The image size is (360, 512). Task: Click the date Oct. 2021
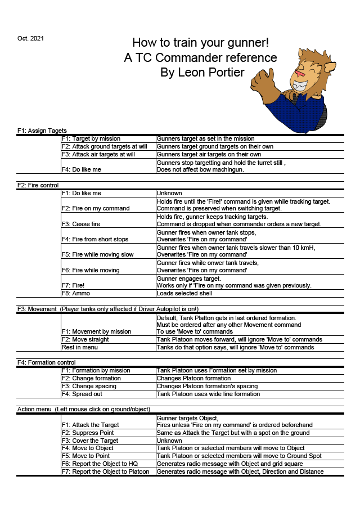30,38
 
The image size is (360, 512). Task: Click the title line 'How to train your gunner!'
200,43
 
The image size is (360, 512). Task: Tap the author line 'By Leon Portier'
202,73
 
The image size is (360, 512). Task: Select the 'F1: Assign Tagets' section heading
42,131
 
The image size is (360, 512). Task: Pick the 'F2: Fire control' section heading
38,185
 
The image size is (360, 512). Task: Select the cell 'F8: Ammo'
76,293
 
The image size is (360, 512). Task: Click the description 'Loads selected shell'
184,293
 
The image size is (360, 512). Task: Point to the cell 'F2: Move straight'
85,339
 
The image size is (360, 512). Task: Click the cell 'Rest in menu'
79,347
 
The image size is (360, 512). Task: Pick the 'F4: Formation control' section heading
47,362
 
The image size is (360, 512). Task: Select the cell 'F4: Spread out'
83,394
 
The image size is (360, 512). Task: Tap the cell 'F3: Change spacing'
89,386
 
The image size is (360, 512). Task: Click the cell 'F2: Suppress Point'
88,433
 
